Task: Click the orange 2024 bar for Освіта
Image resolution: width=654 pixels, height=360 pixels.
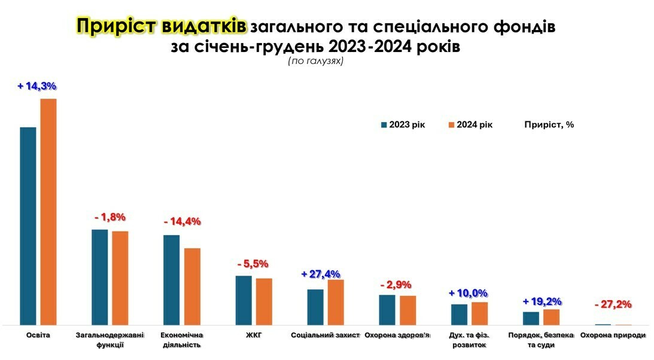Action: pos(48,212)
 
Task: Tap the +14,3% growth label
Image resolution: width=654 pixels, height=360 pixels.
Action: pos(37,86)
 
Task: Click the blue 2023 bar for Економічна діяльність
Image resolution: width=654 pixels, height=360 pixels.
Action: pos(172,280)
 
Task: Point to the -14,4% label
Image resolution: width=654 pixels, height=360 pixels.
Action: pos(182,221)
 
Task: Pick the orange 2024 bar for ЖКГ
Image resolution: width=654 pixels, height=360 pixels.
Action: pos(264,301)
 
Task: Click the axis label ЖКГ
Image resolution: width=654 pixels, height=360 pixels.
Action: pos(254,335)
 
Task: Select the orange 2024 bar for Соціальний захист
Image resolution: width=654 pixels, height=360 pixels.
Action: pos(336,302)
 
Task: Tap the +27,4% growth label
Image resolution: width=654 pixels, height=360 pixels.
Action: pos(321,274)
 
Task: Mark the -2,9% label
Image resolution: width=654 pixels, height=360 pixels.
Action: pos(396,285)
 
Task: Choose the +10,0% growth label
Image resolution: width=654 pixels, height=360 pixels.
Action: pos(468,293)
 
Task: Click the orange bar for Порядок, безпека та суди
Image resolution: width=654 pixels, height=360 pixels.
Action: pos(551,317)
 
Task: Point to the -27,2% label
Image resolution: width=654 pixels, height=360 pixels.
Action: pos(613,304)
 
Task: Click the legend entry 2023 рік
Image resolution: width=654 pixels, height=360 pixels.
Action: pos(403,124)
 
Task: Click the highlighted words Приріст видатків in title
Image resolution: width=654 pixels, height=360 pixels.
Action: pos(161,26)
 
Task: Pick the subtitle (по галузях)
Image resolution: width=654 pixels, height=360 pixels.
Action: pos(315,60)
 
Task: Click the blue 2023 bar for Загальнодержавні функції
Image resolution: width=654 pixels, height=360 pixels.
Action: pos(100,277)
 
